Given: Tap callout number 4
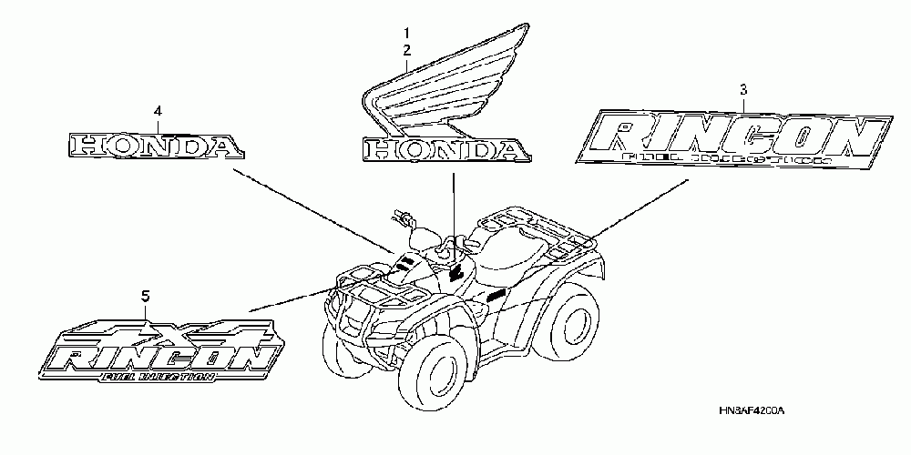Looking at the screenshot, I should tap(158, 110).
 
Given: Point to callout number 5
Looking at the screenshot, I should tap(146, 295).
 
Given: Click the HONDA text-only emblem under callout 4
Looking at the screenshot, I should tap(156, 145).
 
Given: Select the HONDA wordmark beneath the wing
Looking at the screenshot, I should tap(444, 150).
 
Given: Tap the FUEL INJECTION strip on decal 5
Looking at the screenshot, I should tap(159, 376).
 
